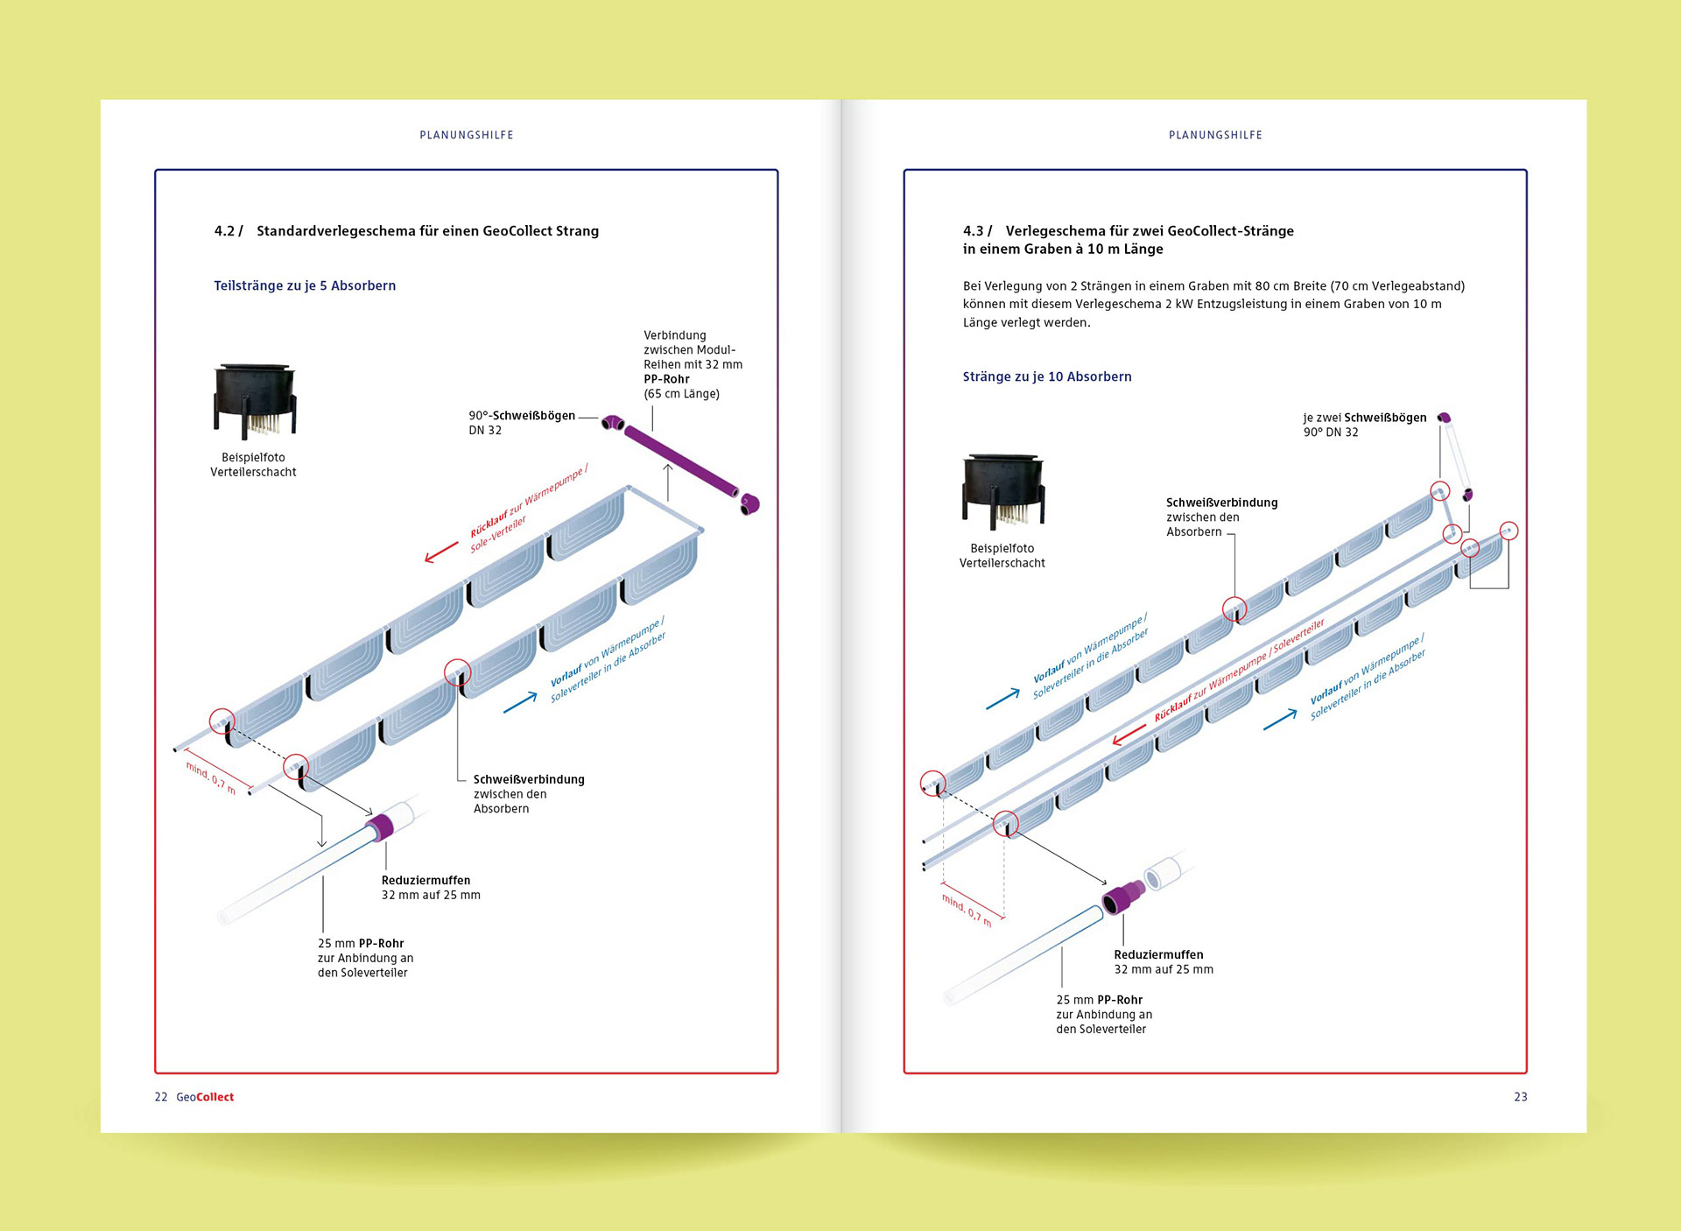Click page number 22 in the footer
click(x=161, y=1097)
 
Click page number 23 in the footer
click(x=1521, y=1097)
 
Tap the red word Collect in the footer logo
click(x=215, y=1097)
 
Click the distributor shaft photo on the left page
click(x=255, y=400)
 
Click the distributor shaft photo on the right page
click(x=1003, y=491)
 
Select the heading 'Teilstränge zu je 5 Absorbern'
click(x=305, y=285)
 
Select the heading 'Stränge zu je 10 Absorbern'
click(x=1047, y=376)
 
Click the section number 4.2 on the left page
click(x=225, y=231)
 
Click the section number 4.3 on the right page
click(x=974, y=231)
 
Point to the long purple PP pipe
click(x=681, y=461)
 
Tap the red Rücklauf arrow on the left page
click(x=441, y=552)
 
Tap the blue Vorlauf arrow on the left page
click(x=520, y=702)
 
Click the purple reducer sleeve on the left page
click(x=380, y=827)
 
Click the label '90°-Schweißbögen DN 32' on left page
click(x=522, y=423)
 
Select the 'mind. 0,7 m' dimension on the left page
click(x=211, y=777)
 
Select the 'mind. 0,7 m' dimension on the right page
click(x=967, y=910)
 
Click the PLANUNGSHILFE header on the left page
click(x=467, y=135)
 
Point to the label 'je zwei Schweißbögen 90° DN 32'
click(x=1364, y=425)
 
